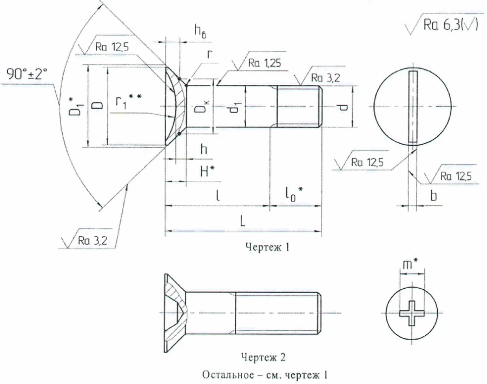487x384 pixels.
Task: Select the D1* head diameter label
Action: coord(75,105)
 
